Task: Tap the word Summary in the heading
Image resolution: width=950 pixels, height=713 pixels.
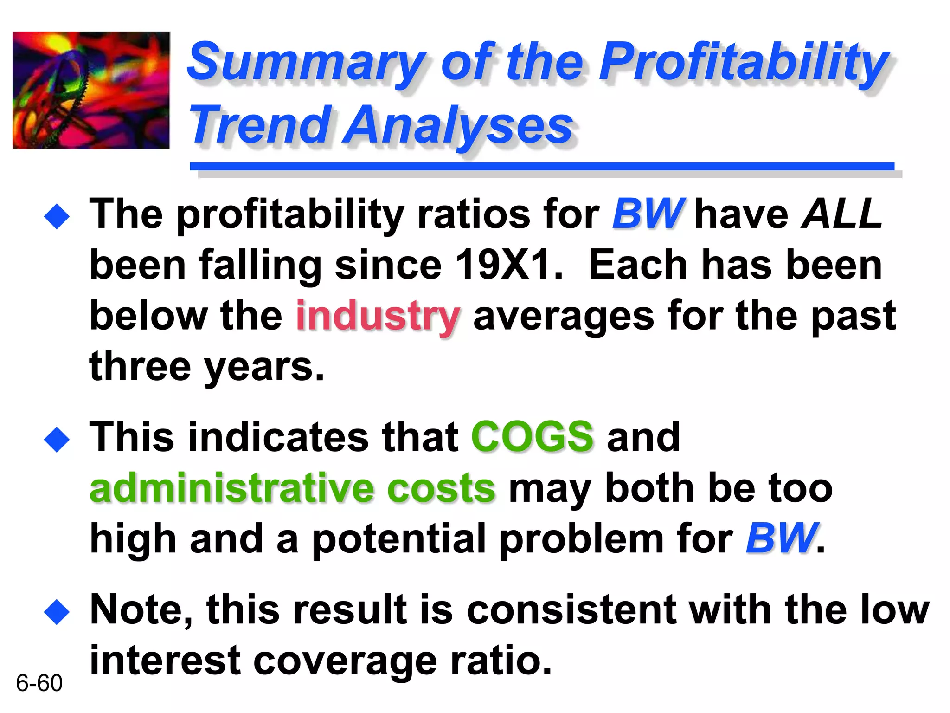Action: (x=306, y=63)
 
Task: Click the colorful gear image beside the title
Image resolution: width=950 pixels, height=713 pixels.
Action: (x=91, y=90)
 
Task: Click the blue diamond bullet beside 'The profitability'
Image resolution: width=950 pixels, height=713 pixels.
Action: (x=57, y=216)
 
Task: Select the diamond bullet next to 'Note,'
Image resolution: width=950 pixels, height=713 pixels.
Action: (x=57, y=612)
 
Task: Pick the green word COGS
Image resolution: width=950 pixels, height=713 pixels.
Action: (x=532, y=437)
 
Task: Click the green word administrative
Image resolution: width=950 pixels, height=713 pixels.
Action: (x=231, y=488)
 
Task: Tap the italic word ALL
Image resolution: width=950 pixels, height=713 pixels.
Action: (x=842, y=214)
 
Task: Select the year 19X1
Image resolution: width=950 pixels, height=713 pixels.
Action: (x=508, y=265)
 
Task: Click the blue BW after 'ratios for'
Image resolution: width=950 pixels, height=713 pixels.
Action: (x=648, y=214)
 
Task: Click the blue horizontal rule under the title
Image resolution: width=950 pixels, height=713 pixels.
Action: (x=542, y=166)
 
